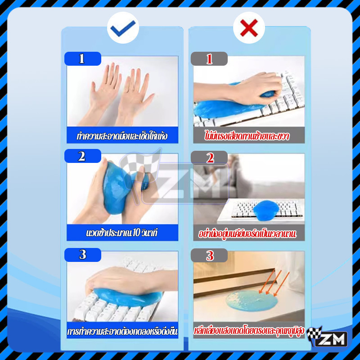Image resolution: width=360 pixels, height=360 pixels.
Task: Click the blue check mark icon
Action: pos(123,28)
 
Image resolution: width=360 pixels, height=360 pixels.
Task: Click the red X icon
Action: pos(249,28)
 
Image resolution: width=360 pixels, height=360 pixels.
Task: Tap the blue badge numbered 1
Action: pos(83,58)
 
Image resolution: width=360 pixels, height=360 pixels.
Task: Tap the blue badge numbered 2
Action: pos(83,156)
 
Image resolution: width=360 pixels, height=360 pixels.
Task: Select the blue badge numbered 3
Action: pos(83,255)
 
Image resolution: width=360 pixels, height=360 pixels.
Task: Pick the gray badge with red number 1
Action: pos(209,59)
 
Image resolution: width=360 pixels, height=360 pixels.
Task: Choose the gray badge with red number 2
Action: pos(209,158)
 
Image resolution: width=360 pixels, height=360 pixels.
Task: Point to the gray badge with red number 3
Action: pos(209,255)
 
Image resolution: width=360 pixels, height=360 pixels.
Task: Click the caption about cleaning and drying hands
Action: pos(122,136)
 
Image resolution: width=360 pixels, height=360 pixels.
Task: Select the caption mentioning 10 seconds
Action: pos(122,233)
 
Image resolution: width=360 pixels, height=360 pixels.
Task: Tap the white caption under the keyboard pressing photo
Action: pos(122,331)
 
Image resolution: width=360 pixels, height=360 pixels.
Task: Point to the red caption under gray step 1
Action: pos(247,136)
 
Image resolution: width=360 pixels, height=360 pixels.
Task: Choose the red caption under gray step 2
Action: pos(247,234)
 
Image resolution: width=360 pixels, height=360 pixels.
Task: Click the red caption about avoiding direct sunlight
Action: pos(249,331)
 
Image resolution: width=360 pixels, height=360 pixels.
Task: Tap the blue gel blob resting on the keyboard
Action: pos(266,210)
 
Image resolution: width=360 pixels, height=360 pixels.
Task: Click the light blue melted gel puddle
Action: pos(252,301)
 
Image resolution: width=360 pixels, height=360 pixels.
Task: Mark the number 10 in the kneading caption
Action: pos(136,233)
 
